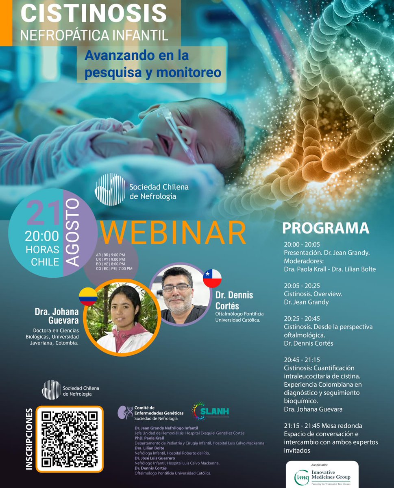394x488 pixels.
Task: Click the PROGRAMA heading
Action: click(x=326, y=229)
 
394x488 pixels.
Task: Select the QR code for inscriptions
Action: click(x=70, y=438)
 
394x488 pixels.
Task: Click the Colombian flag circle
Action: click(x=88, y=297)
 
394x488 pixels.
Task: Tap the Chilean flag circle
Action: click(x=212, y=278)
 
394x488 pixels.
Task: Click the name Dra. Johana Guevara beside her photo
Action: click(x=57, y=316)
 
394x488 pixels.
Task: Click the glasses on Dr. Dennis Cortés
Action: click(x=177, y=288)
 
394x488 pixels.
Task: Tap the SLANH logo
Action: click(x=210, y=411)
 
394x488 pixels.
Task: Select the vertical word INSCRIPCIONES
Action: click(x=29, y=439)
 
